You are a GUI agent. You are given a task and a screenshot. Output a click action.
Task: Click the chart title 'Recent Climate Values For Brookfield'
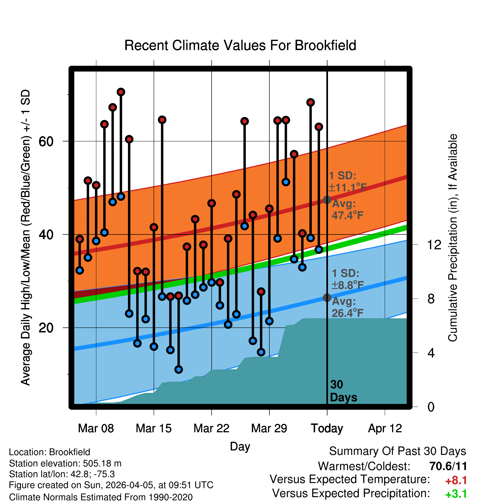coord(240,45)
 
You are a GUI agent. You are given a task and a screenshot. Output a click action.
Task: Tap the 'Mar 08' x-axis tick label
coord(96,428)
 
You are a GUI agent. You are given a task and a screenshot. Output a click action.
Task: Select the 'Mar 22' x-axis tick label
coord(211,428)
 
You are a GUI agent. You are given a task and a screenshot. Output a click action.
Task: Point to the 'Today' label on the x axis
coord(327,428)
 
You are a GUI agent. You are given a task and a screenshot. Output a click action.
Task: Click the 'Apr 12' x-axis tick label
coord(385,428)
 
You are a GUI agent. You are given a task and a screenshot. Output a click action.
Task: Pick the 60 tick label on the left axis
coord(46,141)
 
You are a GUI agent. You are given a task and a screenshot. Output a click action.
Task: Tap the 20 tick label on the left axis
coord(46,328)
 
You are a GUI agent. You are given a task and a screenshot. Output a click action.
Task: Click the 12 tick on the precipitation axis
coord(434,245)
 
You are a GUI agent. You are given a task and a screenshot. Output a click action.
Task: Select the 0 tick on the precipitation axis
coord(431,407)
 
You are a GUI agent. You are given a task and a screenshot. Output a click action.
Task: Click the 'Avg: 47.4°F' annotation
coord(347,209)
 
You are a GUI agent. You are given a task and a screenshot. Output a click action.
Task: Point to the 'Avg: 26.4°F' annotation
coord(347,307)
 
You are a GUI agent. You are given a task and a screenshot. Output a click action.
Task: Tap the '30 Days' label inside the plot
coord(343,391)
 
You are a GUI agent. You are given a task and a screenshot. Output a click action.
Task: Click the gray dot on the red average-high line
coord(327,200)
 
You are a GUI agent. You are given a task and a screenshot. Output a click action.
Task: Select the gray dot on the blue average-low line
coord(327,297)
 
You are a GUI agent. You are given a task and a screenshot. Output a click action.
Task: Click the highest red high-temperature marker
coord(121,92)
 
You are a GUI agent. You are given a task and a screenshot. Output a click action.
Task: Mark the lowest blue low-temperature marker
coord(179,370)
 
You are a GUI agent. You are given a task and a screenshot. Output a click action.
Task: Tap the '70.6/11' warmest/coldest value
coord(448,466)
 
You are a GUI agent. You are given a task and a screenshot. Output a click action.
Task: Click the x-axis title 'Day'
coord(240,446)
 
